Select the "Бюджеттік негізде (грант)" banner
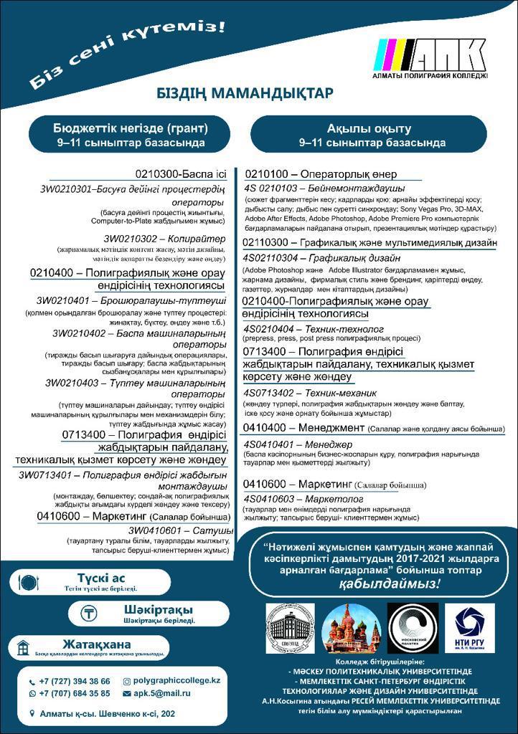pyautogui.click(x=131, y=135)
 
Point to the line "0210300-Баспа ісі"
pyautogui.click(x=180, y=174)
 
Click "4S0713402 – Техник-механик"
pyautogui.click(x=309, y=393)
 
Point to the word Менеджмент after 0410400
pyautogui.click(x=330, y=427)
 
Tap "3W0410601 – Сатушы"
pyautogui.click(x=180, y=530)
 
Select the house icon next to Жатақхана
pyautogui.click(x=24, y=648)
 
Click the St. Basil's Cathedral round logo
pyautogui.click(x=351, y=627)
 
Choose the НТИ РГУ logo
pyautogui.click(x=469, y=627)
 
